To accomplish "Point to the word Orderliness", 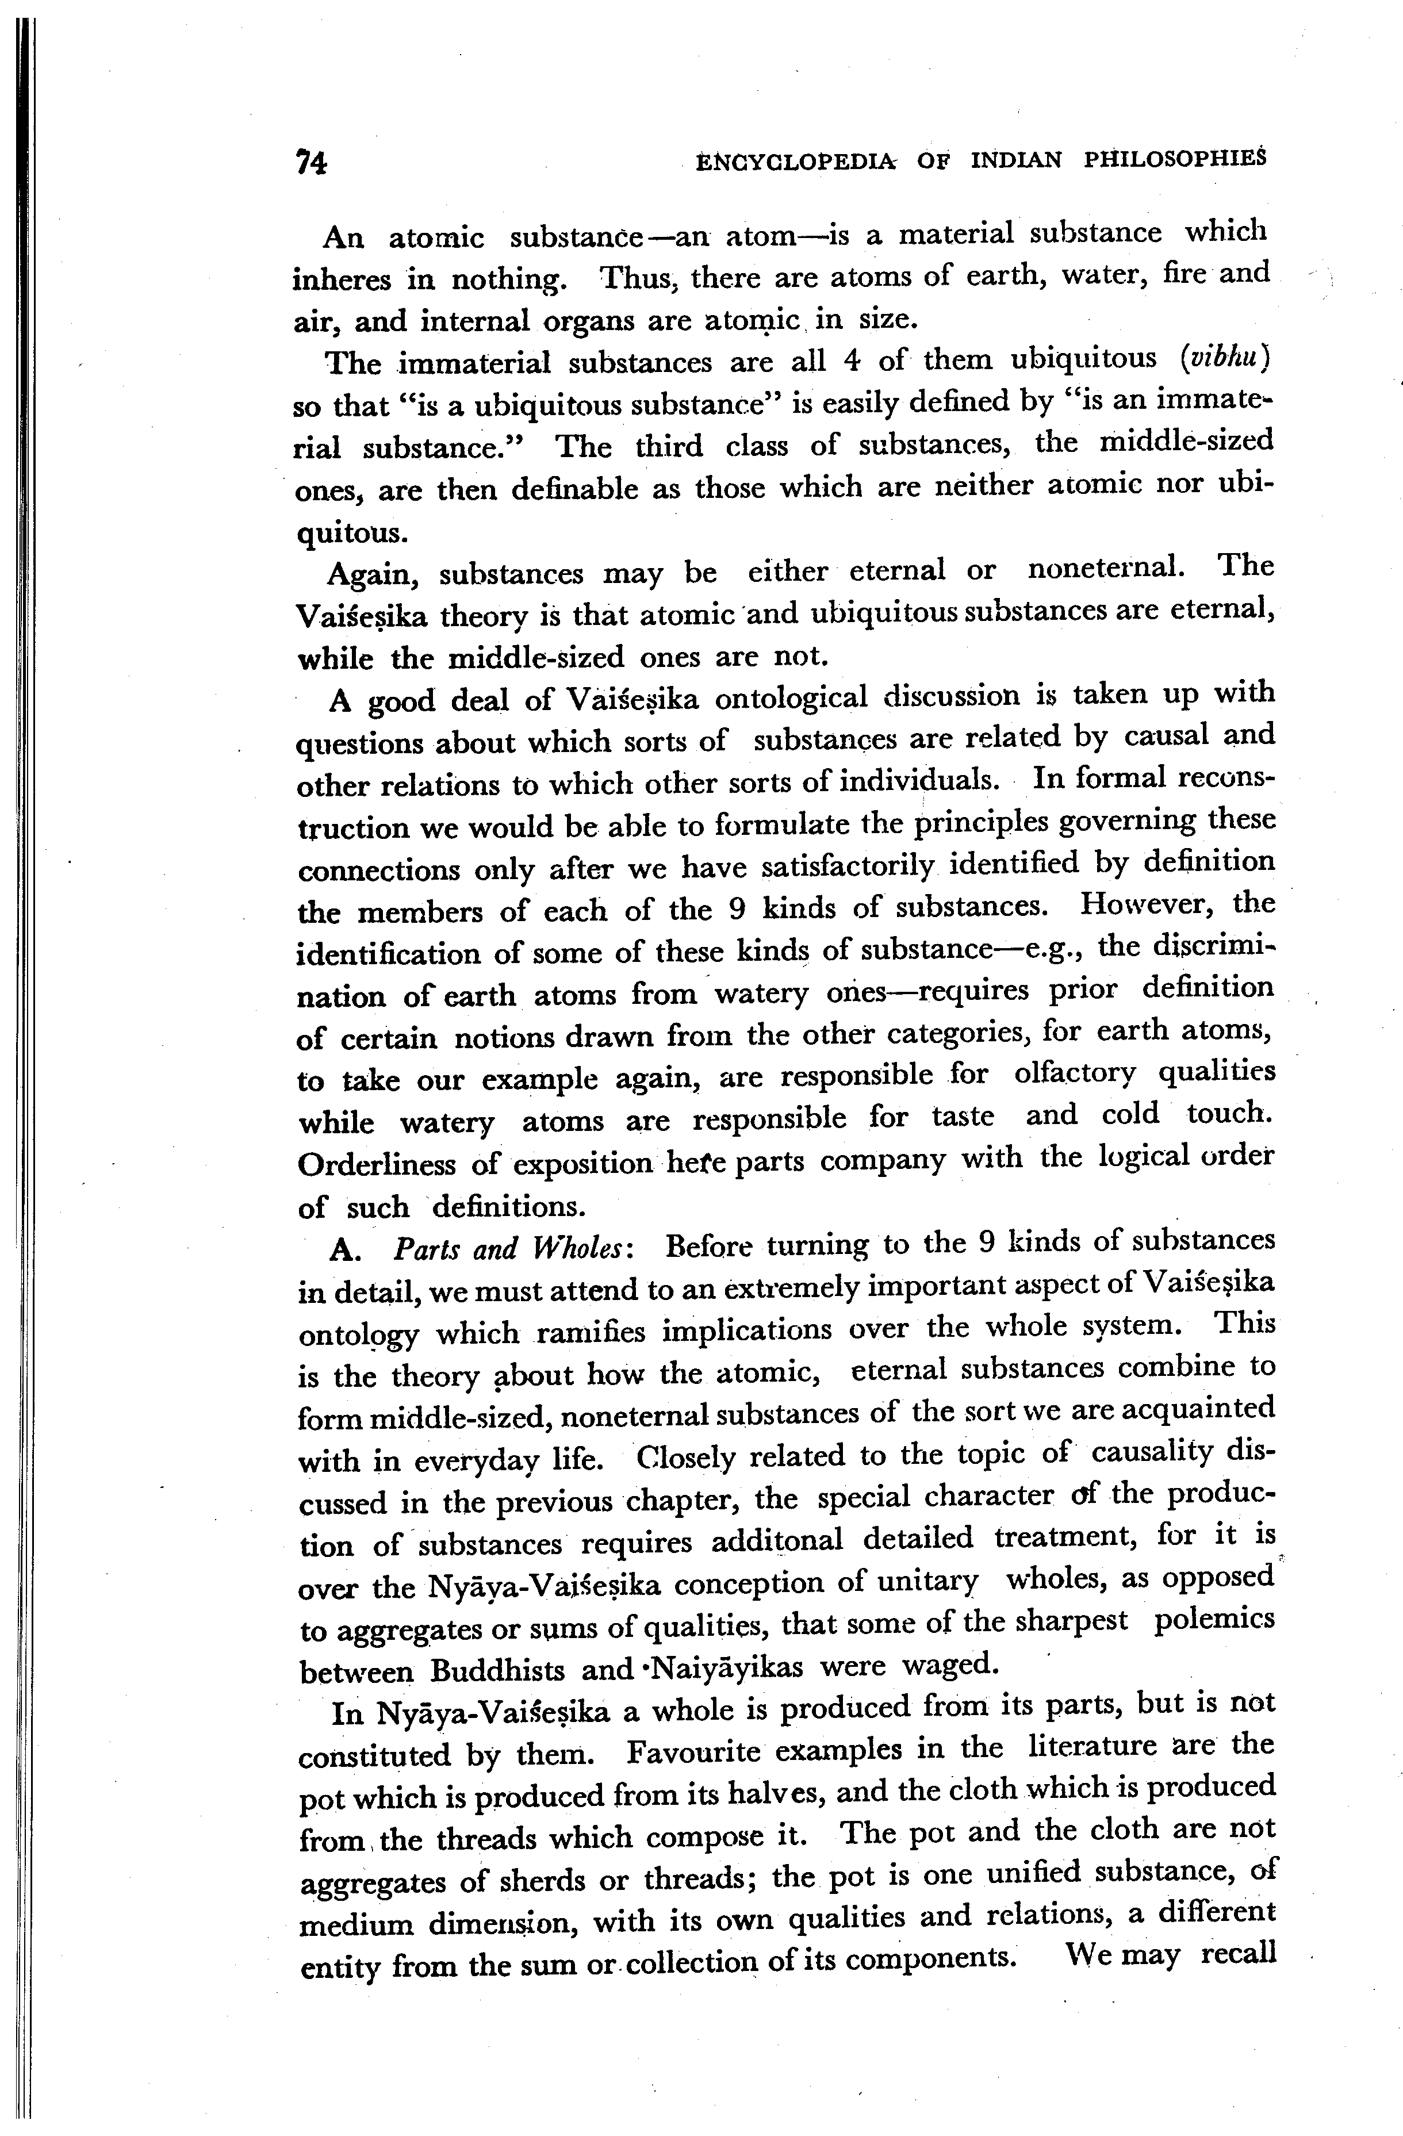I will [x=378, y=1165].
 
